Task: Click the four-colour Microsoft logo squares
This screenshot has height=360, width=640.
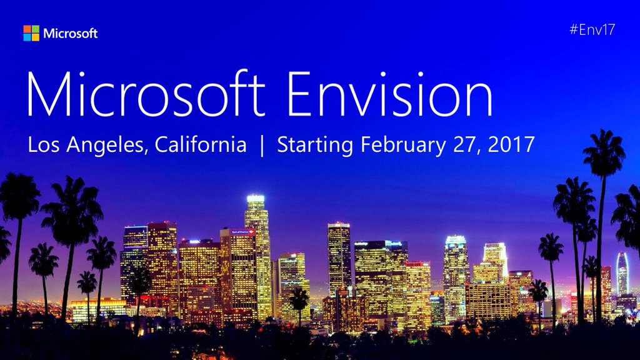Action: [x=31, y=33]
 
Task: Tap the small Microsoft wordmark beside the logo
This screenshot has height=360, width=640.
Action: [x=70, y=34]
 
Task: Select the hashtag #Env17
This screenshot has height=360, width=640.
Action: [x=592, y=29]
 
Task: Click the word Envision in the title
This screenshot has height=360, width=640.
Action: [x=390, y=94]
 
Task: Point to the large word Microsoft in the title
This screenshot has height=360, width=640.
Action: [x=146, y=94]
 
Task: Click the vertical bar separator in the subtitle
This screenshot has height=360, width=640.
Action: [x=262, y=146]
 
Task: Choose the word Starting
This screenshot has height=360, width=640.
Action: [x=315, y=146]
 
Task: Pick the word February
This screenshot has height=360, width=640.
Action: [x=403, y=146]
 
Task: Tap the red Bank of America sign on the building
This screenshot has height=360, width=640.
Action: [x=243, y=232]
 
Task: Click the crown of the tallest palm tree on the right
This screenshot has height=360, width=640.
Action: [x=604, y=152]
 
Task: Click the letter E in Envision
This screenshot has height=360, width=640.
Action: [x=300, y=94]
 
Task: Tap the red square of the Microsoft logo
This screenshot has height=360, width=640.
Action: [x=27, y=29]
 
